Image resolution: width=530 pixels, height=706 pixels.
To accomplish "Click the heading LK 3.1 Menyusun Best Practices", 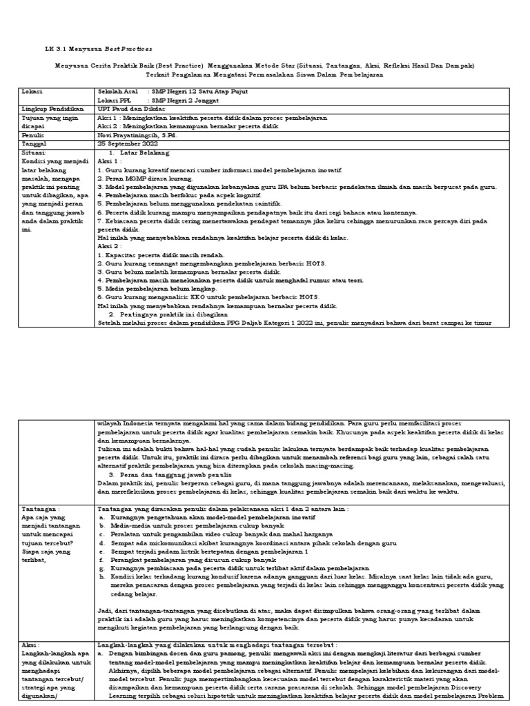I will [97, 50].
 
